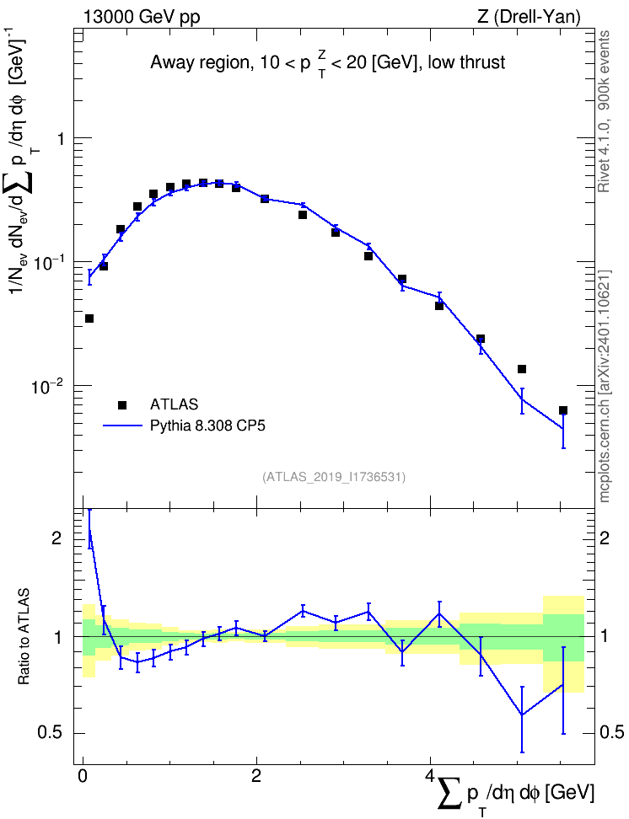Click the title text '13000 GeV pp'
click(x=142, y=17)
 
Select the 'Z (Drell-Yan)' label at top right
click(x=529, y=17)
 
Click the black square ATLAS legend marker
click(x=122, y=404)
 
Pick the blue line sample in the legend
click(x=122, y=426)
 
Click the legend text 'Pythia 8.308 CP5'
click(x=207, y=426)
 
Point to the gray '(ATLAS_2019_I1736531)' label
click(x=334, y=477)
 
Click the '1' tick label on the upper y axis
click(x=61, y=138)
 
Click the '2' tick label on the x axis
click(x=256, y=775)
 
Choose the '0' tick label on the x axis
click(x=82, y=775)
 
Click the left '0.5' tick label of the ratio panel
click(x=51, y=733)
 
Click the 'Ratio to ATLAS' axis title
click(x=24, y=636)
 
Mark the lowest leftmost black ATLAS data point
click(x=89, y=318)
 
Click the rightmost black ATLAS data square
click(x=563, y=410)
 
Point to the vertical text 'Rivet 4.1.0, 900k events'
click(x=604, y=111)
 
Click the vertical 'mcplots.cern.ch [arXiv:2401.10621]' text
click(x=604, y=387)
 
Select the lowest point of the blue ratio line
click(x=522, y=715)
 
